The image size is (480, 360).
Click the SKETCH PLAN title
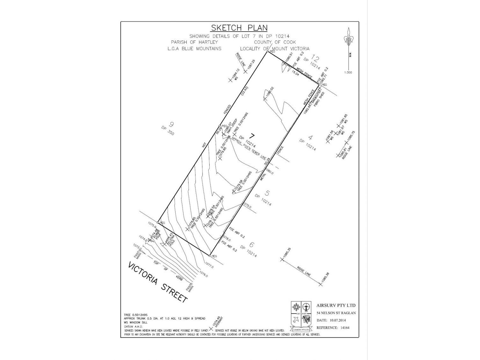(240, 28)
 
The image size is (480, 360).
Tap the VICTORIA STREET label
(157, 282)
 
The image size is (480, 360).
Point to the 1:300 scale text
(348, 72)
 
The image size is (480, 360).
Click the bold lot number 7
(253, 135)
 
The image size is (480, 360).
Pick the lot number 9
(172, 124)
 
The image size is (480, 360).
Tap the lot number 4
(311, 138)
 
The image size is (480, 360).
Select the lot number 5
(268, 193)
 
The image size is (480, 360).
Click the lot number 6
(252, 245)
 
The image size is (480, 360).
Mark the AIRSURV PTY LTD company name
(336, 305)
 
